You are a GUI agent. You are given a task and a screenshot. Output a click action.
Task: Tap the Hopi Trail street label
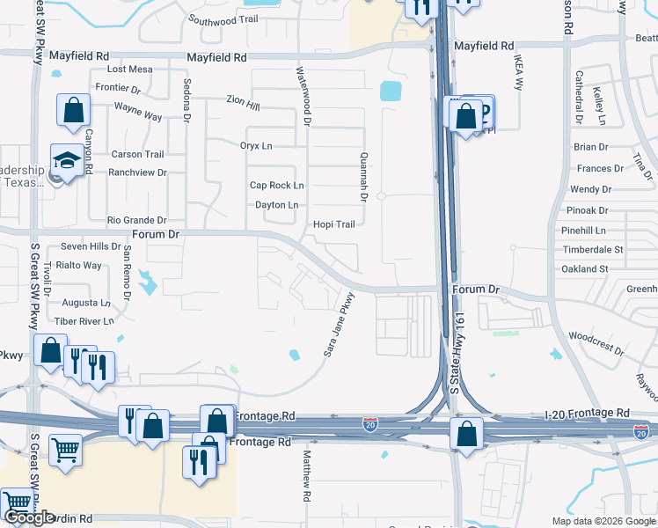click(x=334, y=224)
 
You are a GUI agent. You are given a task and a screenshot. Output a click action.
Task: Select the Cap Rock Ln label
click(x=276, y=186)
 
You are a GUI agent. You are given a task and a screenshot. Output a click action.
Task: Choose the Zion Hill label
click(x=243, y=105)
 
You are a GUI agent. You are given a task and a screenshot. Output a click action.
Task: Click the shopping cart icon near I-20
click(x=66, y=450)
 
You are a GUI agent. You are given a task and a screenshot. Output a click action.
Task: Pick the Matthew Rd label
click(x=307, y=476)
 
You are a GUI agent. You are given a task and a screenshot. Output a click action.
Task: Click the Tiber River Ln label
click(x=84, y=321)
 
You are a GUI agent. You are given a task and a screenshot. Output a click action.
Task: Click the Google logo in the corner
click(x=30, y=518)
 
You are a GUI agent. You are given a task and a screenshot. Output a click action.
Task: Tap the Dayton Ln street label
click(x=276, y=205)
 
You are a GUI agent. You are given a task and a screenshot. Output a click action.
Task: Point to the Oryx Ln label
click(x=256, y=145)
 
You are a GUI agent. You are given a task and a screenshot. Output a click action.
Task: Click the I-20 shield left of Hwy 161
click(x=370, y=425)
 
